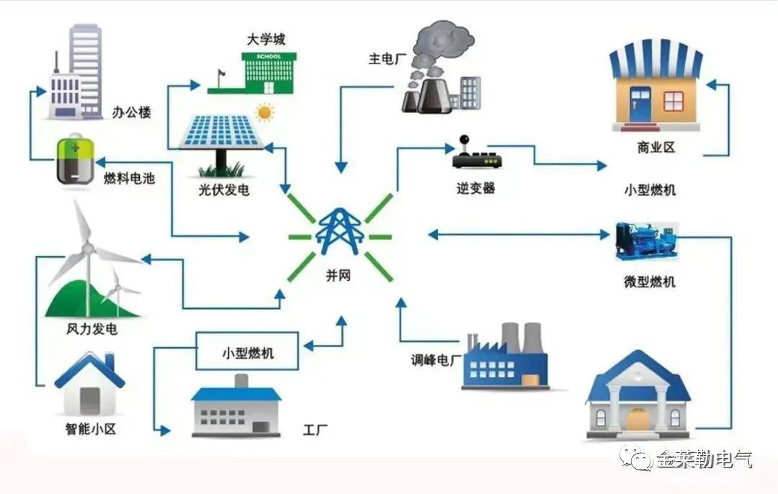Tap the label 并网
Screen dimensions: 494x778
[338, 275]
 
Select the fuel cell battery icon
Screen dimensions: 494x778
[75, 161]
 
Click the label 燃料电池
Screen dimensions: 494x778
[130, 179]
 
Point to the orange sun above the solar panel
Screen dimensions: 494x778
[265, 112]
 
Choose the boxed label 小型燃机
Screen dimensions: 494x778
[247, 354]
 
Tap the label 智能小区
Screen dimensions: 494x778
[90, 430]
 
